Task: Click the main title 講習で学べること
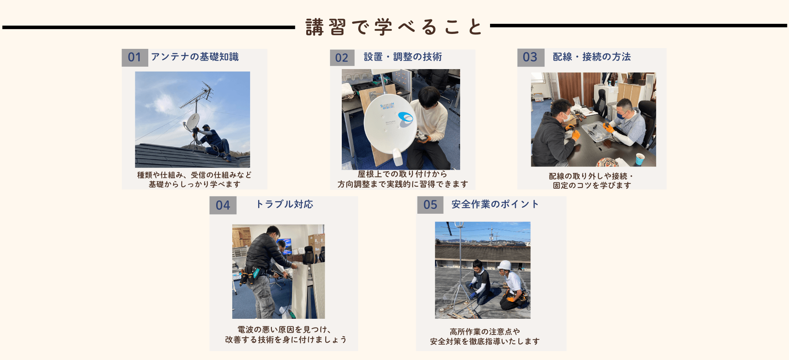pyautogui.click(x=394, y=27)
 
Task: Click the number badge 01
pyautogui.click(x=135, y=57)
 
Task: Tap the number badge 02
pyautogui.click(x=342, y=58)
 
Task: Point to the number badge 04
pyautogui.click(x=223, y=205)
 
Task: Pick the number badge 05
pyautogui.click(x=431, y=205)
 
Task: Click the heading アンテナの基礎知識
pyautogui.click(x=195, y=57)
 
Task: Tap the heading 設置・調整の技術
pyautogui.click(x=403, y=57)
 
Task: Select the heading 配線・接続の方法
pyautogui.click(x=592, y=57)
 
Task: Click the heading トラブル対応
pyautogui.click(x=285, y=204)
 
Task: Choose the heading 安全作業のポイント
pyautogui.click(x=495, y=204)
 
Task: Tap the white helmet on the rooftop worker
pyautogui.click(x=505, y=265)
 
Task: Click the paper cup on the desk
pyautogui.click(x=640, y=159)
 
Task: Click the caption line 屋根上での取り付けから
pyautogui.click(x=402, y=174)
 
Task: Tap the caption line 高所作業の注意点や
pyautogui.click(x=485, y=332)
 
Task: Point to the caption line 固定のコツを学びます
pyautogui.click(x=592, y=185)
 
